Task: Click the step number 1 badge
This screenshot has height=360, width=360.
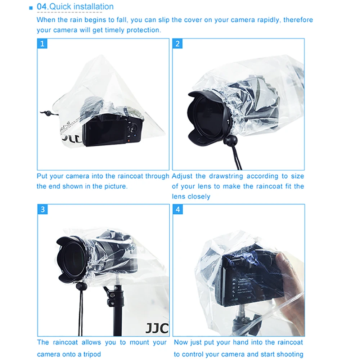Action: [42, 44]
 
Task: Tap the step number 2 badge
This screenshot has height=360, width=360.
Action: [177, 44]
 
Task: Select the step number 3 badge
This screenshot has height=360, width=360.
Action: [42, 210]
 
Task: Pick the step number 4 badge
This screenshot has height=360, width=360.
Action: [178, 210]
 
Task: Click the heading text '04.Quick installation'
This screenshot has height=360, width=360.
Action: [75, 6]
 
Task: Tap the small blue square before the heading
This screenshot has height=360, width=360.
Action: [31, 8]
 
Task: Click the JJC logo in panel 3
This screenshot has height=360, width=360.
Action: [157, 328]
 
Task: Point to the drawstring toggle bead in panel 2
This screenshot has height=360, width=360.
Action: [229, 140]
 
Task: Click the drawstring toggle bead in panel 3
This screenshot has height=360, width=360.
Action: [80, 287]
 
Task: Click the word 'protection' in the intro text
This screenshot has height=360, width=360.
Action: [141, 30]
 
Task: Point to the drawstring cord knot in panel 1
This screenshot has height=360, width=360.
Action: [47, 113]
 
